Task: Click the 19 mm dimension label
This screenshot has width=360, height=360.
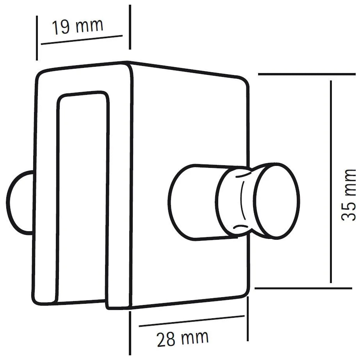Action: tap(77, 27)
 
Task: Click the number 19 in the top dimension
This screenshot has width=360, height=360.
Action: tap(61, 28)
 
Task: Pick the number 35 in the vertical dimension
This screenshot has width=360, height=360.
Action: tap(349, 211)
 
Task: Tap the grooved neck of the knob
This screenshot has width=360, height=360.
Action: tap(236, 201)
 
